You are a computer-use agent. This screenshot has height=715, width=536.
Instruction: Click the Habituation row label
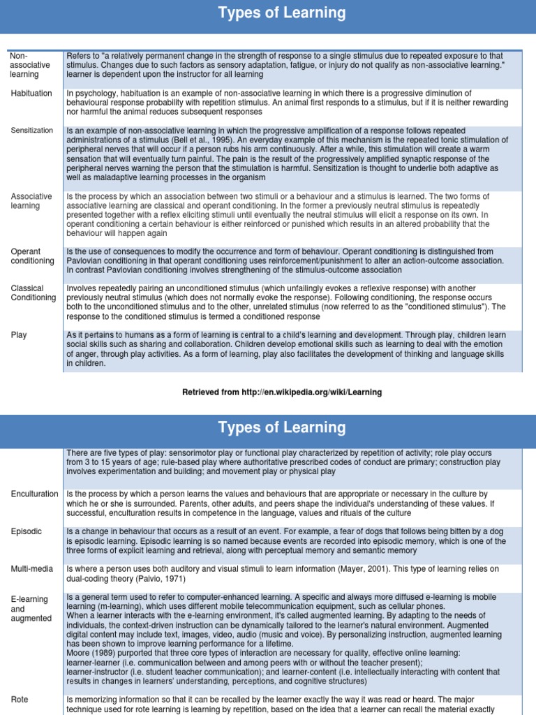click(x=32, y=94)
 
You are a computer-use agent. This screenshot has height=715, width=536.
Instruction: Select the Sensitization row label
click(x=32, y=131)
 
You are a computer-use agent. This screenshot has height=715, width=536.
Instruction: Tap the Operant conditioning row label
click(x=32, y=256)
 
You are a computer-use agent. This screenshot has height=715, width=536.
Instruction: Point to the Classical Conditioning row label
click(x=33, y=293)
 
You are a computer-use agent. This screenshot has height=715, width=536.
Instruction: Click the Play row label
click(x=19, y=335)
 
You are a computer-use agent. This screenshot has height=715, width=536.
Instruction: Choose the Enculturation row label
click(x=35, y=494)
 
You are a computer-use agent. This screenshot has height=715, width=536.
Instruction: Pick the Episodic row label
click(x=27, y=531)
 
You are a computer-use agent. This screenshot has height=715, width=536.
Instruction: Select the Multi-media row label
click(x=32, y=569)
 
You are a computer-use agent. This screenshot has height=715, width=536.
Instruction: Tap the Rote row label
click(x=20, y=699)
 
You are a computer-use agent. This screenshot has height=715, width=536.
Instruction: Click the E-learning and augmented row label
click(x=31, y=609)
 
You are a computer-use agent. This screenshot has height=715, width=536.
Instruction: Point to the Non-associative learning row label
click(x=30, y=65)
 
